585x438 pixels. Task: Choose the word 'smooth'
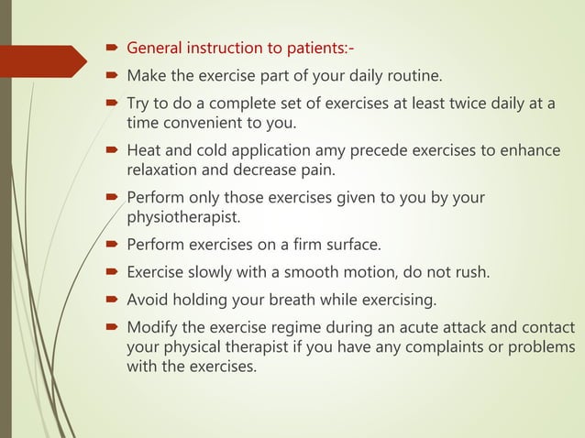point(297,271)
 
